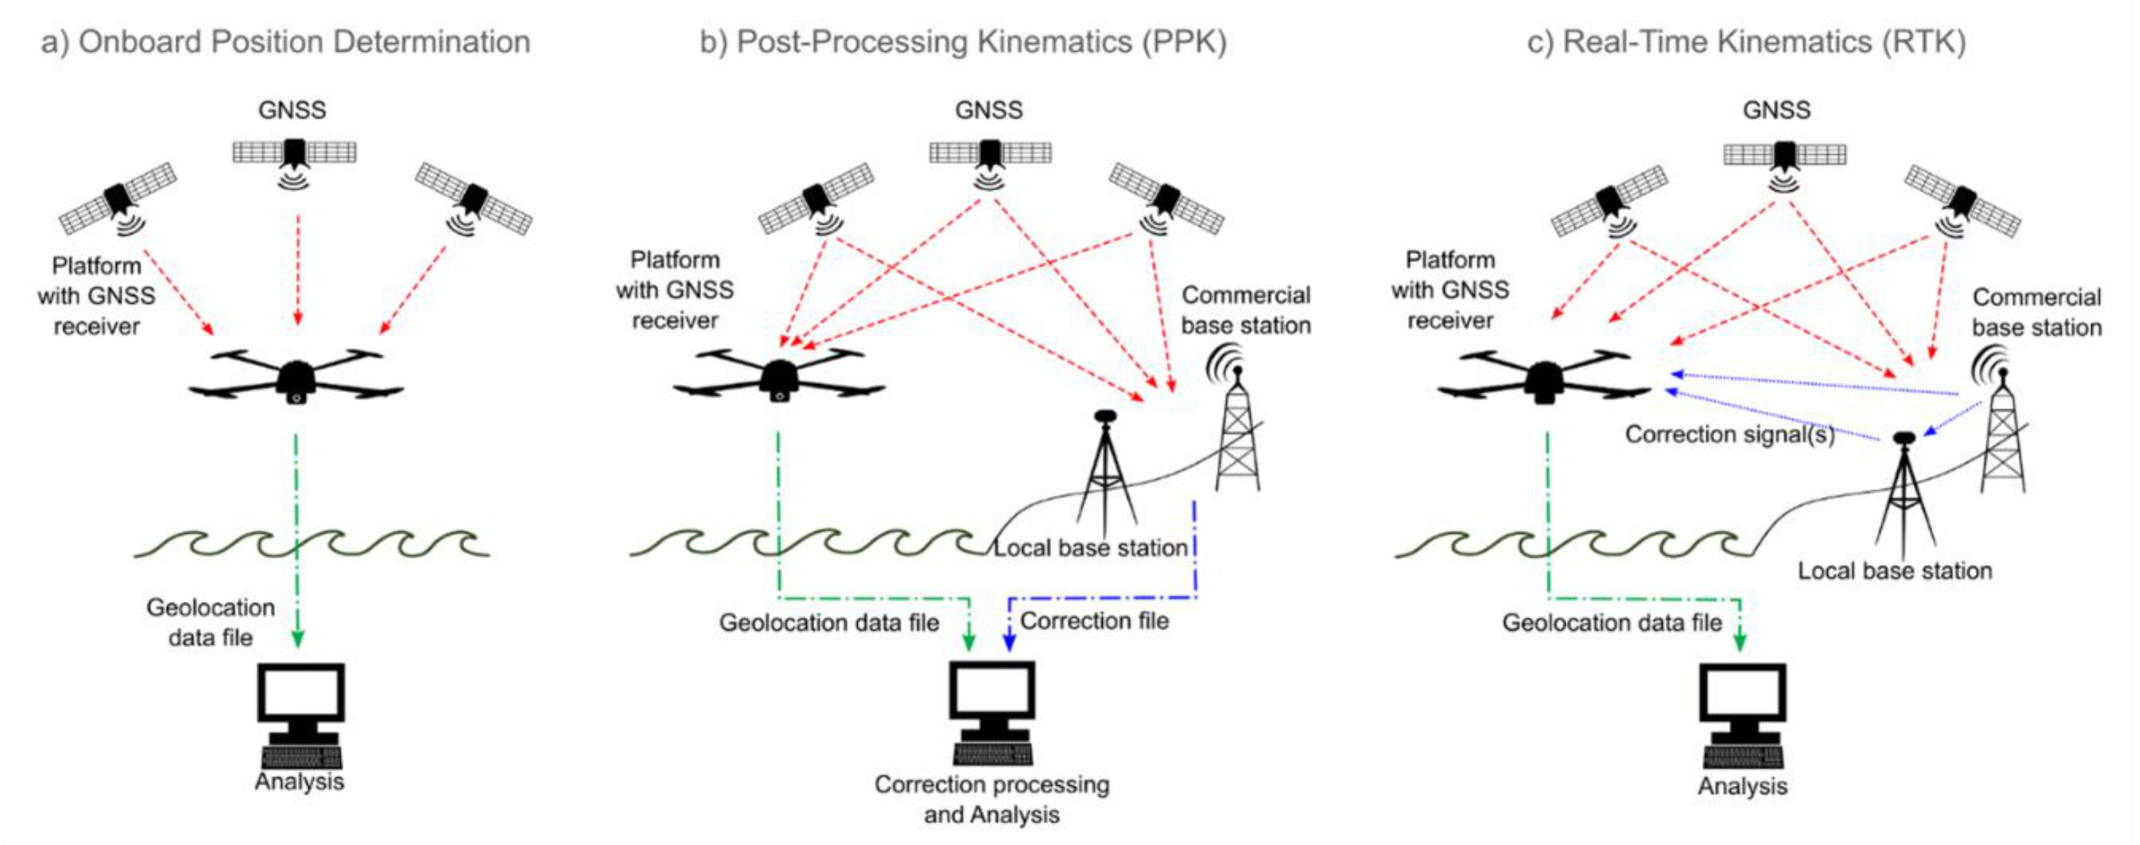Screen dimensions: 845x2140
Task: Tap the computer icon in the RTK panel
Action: [x=1742, y=715]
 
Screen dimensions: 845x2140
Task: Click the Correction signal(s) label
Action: [x=1730, y=435]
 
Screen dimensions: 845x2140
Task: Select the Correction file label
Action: [x=1094, y=620]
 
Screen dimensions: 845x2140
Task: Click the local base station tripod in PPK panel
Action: [x=1105, y=474]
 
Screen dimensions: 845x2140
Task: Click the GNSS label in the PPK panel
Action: [x=989, y=110]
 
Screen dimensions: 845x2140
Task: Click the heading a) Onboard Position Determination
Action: [x=286, y=42]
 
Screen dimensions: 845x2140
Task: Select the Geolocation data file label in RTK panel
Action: [x=1612, y=622]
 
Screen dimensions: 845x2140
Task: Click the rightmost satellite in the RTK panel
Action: [x=1962, y=202]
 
